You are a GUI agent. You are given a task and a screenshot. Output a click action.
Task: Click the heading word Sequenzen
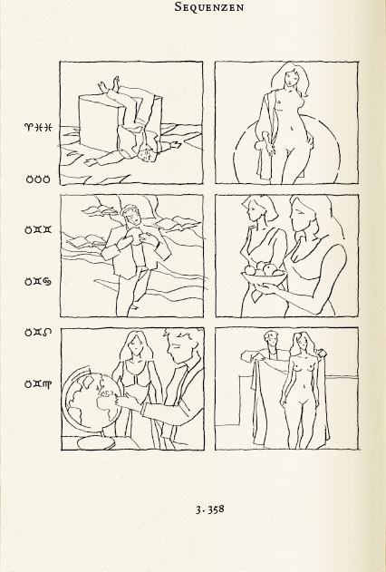click(209, 6)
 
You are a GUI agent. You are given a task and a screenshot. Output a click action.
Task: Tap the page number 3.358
click(210, 509)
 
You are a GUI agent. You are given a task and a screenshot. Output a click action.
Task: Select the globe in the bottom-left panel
click(92, 398)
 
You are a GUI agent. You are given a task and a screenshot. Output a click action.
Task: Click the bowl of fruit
click(264, 276)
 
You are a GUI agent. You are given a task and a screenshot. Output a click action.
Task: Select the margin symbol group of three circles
click(38, 179)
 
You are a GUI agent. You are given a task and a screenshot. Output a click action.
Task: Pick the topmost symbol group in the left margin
click(38, 127)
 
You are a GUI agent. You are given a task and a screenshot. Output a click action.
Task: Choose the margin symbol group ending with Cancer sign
click(38, 281)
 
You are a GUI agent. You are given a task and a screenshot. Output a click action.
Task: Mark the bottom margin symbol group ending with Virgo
click(38, 384)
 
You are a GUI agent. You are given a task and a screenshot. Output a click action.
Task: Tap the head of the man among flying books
click(130, 214)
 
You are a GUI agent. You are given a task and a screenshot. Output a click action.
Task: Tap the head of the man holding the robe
click(271, 339)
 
